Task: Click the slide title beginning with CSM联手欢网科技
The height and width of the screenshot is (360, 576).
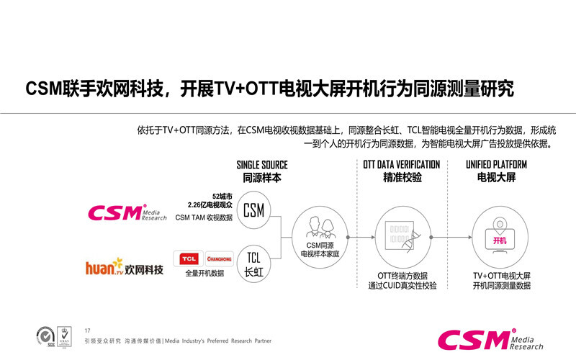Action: pyautogui.click(x=270, y=89)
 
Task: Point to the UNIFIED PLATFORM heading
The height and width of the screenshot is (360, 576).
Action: pyautogui.click(x=496, y=165)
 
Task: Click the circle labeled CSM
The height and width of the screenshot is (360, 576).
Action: pyautogui.click(x=253, y=210)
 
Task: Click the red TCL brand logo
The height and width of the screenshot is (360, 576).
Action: pyautogui.click(x=189, y=258)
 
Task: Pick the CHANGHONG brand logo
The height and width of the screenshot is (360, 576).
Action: pyautogui.click(x=218, y=258)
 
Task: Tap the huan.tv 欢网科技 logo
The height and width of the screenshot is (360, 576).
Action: pyautogui.click(x=125, y=269)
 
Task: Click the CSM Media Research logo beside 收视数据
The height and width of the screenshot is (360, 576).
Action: pyautogui.click(x=127, y=212)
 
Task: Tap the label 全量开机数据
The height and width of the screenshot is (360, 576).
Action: pyautogui.click(x=204, y=274)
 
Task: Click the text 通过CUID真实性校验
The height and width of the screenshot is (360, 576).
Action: pyautogui.click(x=402, y=286)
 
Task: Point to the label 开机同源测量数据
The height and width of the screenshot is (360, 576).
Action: pyautogui.click(x=501, y=286)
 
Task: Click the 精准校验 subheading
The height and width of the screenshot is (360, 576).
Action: pyautogui.click(x=402, y=177)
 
